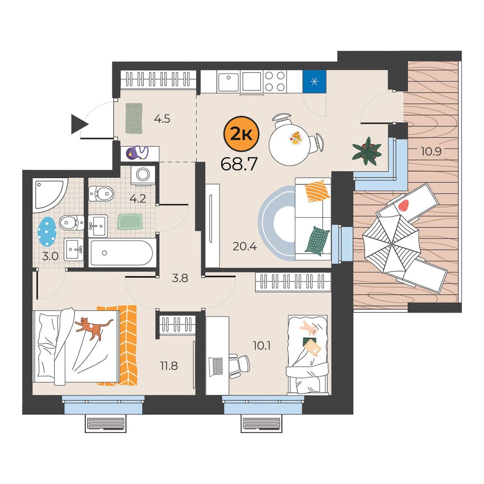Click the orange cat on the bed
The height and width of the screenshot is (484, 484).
tap(93, 327)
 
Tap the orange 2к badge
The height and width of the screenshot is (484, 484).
tap(241, 133)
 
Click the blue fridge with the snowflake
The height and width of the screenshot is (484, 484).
tap(314, 81)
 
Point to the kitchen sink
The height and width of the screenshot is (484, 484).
tap(228, 82)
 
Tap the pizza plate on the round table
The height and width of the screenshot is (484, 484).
tap(296, 138)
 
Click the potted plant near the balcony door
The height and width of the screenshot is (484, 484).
tap(367, 151)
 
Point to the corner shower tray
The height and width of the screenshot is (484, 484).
tap(50, 194)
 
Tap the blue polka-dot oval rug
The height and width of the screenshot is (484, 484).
tap(47, 231)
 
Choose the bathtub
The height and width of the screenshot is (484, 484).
tap(122, 252)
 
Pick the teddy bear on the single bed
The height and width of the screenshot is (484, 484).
tap(308, 328)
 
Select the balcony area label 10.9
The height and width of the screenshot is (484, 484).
tap(431, 151)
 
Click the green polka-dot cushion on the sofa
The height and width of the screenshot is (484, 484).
tap(317, 241)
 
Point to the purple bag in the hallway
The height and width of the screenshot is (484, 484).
tap(137, 153)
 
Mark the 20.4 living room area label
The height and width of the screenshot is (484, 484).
tap(245, 247)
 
